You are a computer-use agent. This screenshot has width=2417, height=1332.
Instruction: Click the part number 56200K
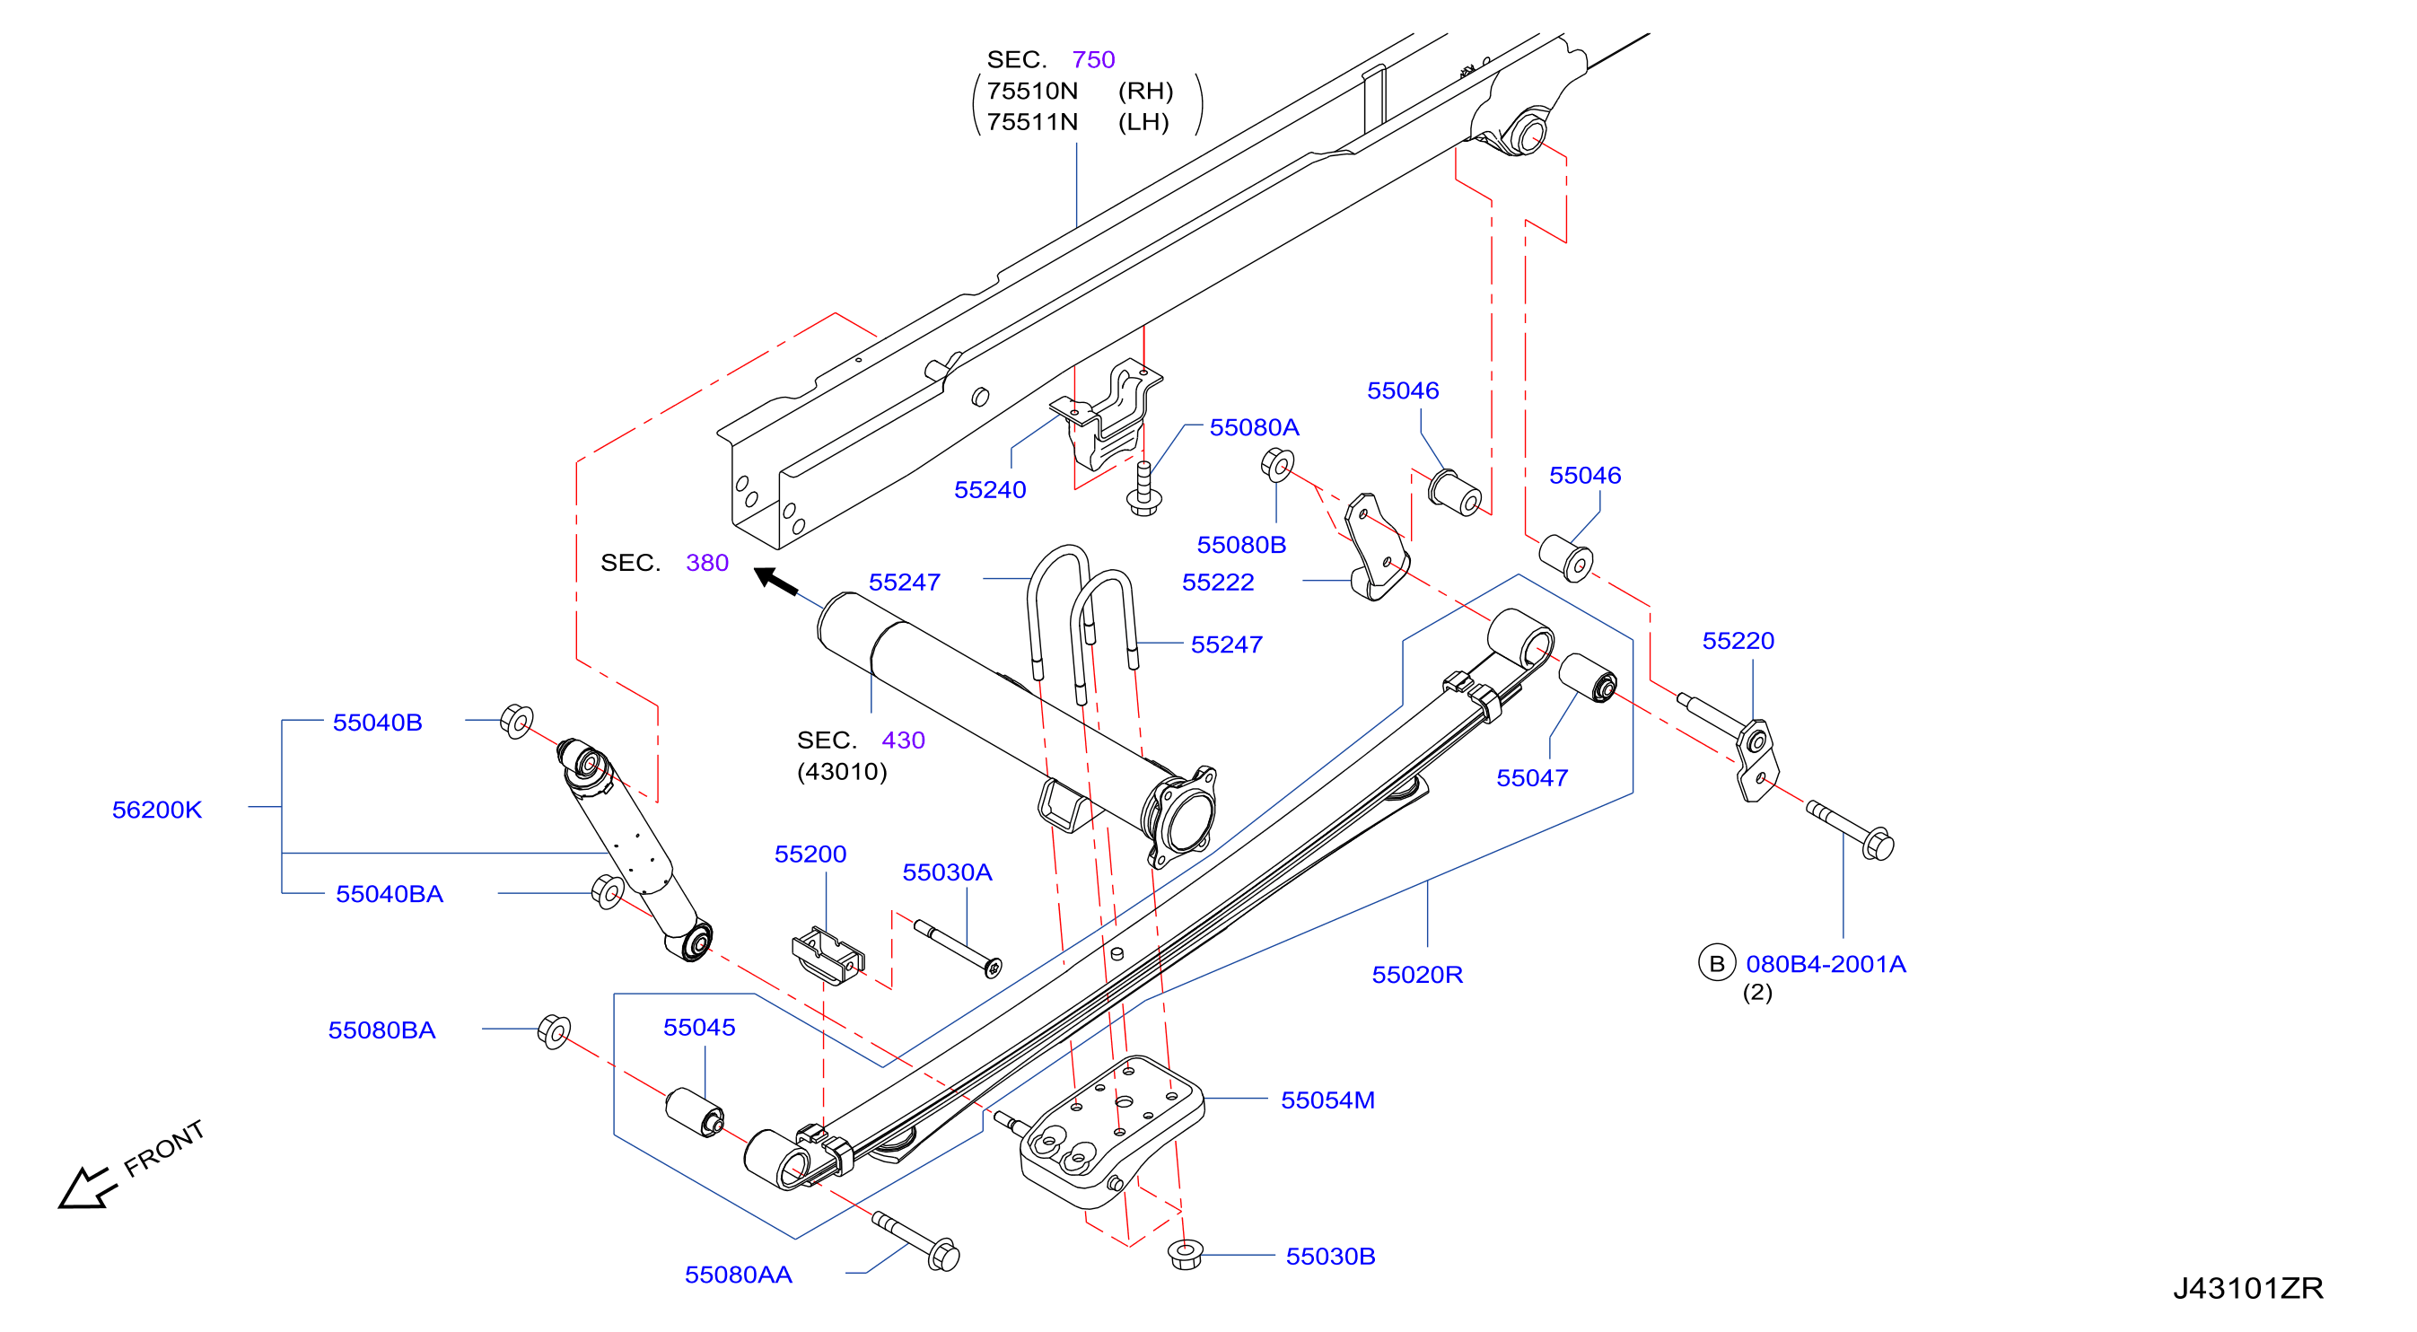point(157,810)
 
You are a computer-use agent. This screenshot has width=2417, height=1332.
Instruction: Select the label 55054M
point(1327,1100)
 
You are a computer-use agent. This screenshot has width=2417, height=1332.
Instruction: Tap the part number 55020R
point(1417,975)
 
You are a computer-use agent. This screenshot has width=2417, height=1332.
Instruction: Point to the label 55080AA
point(739,1275)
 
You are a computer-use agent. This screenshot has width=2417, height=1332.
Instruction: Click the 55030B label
point(1330,1256)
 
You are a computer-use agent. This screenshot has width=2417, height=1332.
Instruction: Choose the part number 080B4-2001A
point(1826,964)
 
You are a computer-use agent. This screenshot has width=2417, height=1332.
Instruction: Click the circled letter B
point(1716,963)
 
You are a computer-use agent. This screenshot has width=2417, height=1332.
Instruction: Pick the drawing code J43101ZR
point(2248,1288)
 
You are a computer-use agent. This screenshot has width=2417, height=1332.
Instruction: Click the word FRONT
point(164,1148)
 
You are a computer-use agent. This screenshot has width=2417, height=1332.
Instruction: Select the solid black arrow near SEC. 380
point(775,581)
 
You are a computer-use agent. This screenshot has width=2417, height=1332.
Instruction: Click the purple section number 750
point(1093,59)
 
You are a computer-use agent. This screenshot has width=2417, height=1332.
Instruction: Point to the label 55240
point(990,490)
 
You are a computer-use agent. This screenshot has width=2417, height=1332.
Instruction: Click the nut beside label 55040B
point(516,721)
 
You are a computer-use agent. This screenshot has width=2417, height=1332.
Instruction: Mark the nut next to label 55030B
point(1186,1253)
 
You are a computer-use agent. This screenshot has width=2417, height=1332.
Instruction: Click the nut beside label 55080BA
point(555,1031)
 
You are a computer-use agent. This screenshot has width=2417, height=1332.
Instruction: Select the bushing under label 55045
point(695,1112)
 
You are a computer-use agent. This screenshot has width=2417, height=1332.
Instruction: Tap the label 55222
point(1218,583)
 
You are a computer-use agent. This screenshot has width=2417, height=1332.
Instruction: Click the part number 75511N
point(1032,122)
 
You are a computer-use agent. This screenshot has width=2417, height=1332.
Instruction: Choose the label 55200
point(810,854)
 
